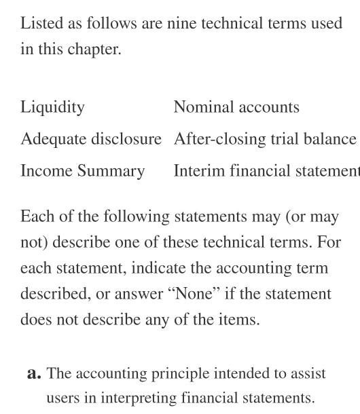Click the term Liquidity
tap(52, 107)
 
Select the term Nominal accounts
tap(236, 107)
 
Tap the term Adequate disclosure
tap(91, 138)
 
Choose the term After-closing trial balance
tap(265, 138)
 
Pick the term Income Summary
tap(82, 170)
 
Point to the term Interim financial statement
tap(266, 170)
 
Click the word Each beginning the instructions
tap(35, 217)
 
